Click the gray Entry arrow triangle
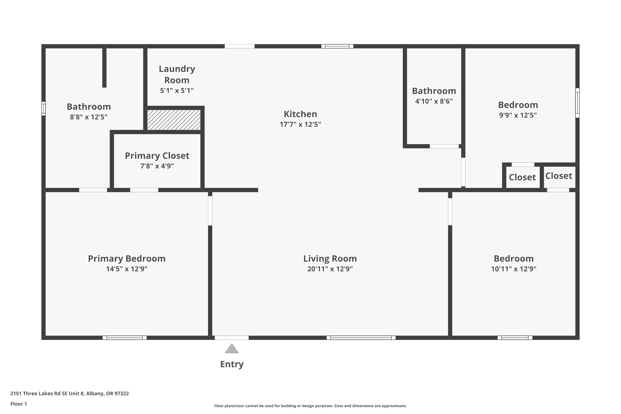coord(232,349)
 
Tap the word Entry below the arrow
coord(232,364)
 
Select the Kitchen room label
coord(301,114)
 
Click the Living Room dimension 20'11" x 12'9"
coord(330,269)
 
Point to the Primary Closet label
coord(157,156)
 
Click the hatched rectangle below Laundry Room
coord(174,120)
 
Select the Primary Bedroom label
coord(127,259)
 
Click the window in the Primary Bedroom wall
coord(125,338)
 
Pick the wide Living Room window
coord(361,338)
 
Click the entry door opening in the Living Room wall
coord(232,338)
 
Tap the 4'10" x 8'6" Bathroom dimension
coord(434,101)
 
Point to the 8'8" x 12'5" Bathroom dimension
coord(89,117)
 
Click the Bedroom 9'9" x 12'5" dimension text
coord(518,115)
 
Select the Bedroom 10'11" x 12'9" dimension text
coord(514,269)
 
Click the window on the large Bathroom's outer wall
coord(43,108)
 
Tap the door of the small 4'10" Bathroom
coord(444,146)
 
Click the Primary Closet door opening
coord(144,190)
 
